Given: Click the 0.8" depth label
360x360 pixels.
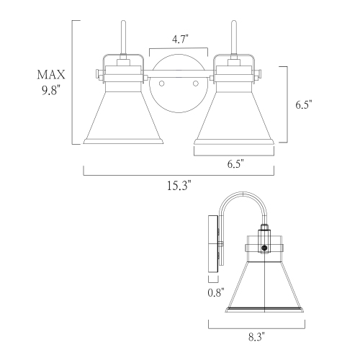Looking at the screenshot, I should point(214,292).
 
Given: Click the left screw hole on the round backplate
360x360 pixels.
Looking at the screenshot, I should point(162,84).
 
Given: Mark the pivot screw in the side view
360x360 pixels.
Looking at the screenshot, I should point(265,248).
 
